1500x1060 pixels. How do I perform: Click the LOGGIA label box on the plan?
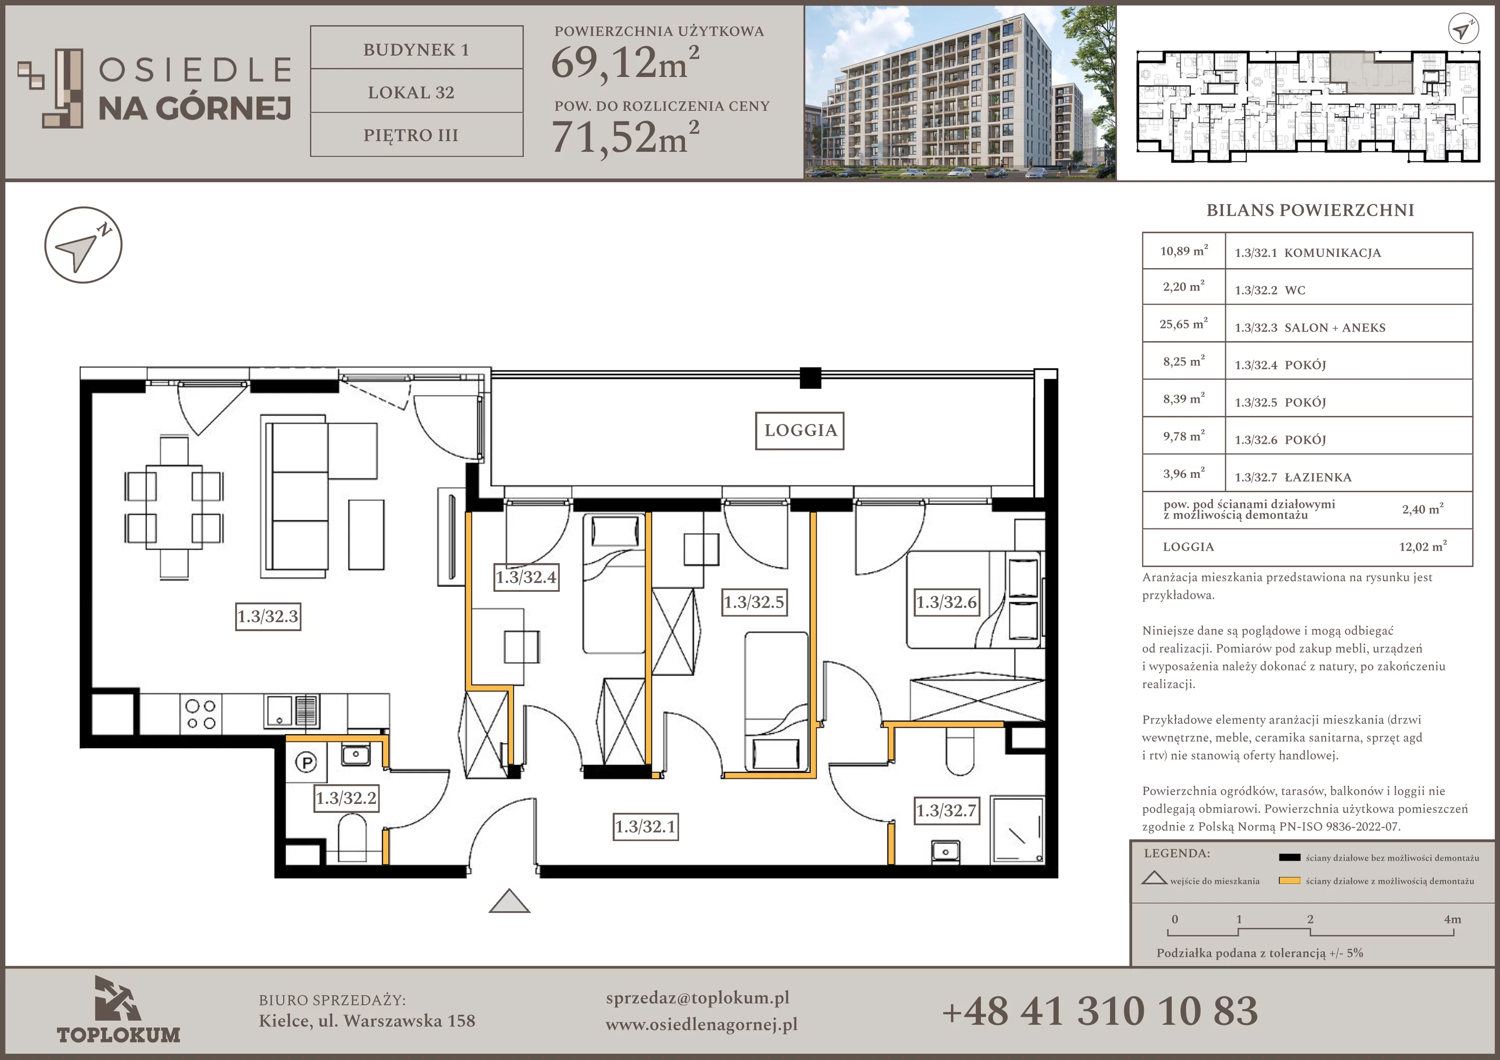[x=800, y=431]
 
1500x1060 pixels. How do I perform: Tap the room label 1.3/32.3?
[x=268, y=616]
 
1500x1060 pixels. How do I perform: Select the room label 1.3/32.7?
[x=946, y=811]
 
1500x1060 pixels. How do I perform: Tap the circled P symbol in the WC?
[x=307, y=762]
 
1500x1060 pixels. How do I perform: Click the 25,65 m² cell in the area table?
[x=1184, y=324]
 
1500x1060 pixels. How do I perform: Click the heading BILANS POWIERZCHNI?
[x=1310, y=210]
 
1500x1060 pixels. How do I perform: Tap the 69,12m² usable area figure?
[x=625, y=63]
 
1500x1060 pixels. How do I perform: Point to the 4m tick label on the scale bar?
[x=1452, y=919]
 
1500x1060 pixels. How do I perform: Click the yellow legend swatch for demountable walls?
[x=1290, y=881]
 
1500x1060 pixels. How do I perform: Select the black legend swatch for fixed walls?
[x=1290, y=857]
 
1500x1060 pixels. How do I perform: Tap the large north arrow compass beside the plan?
[x=83, y=245]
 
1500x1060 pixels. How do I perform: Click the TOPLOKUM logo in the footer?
[x=118, y=1010]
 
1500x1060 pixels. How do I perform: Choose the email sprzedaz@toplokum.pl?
[x=697, y=998]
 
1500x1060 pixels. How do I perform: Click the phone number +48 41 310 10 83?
[x=1100, y=1010]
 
